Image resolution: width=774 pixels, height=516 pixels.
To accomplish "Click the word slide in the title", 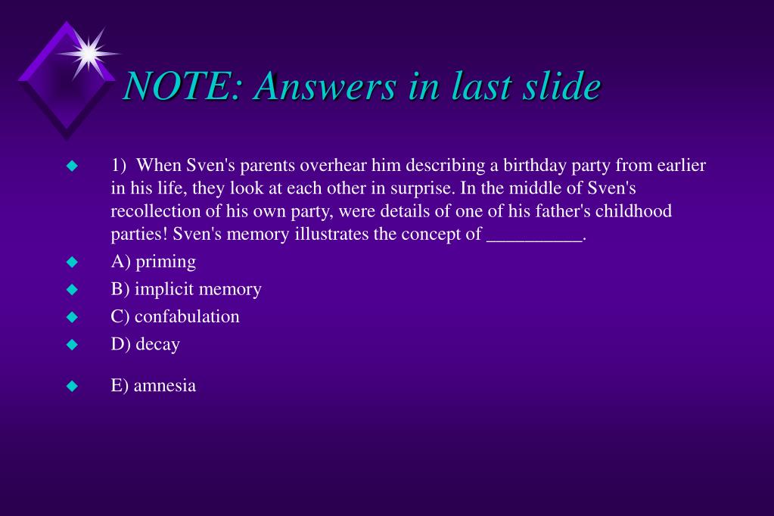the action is click(x=562, y=85).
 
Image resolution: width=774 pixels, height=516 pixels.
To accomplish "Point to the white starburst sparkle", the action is click(x=89, y=53).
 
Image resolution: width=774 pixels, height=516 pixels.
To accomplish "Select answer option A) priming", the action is click(x=153, y=262).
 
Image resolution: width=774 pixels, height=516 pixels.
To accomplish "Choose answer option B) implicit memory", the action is click(x=186, y=289).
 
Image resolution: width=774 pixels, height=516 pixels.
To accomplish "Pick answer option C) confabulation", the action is click(x=176, y=316).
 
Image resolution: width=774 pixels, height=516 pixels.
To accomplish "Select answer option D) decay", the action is click(x=145, y=344).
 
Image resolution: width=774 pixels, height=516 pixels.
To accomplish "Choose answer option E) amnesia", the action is click(x=153, y=385).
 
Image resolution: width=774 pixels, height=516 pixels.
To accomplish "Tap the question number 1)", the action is click(x=119, y=166).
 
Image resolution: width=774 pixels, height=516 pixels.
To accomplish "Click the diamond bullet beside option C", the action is click(x=72, y=316).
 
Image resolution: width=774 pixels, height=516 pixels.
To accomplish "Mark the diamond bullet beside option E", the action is click(x=72, y=386).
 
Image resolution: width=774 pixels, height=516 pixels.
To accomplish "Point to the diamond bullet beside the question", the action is click(x=72, y=166).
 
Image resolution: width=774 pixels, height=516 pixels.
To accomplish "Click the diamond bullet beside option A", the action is click(x=72, y=262).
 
